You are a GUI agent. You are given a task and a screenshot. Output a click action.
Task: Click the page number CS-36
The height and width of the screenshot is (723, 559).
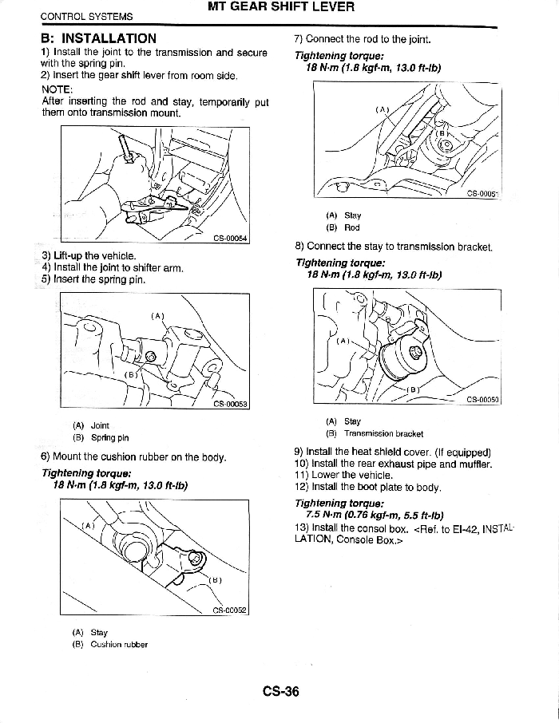coord(279,691)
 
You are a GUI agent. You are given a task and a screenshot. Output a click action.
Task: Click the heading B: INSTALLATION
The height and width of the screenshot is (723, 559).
coord(99,38)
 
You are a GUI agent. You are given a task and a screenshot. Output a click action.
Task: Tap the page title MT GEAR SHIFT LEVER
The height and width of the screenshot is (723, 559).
coord(280,8)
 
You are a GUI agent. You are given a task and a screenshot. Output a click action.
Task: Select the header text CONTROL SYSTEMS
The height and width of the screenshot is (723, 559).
coord(86,16)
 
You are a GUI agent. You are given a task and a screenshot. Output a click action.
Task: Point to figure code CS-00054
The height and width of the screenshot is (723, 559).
coord(231,237)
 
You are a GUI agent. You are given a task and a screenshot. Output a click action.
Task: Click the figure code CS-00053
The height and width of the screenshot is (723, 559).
coord(231,404)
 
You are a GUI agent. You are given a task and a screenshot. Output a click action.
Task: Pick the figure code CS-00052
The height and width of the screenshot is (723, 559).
coord(230,610)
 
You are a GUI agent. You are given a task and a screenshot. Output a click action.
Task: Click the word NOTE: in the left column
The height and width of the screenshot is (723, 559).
coord(57,90)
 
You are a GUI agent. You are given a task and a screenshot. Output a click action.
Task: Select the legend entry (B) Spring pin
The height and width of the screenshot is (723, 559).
coord(101,437)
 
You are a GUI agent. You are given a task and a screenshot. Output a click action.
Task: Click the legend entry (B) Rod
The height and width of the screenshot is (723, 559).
coord(343,227)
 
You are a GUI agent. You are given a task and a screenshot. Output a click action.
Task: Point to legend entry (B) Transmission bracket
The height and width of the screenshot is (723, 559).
coord(375,433)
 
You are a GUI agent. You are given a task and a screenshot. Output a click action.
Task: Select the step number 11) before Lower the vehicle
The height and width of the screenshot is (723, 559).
coord(302,475)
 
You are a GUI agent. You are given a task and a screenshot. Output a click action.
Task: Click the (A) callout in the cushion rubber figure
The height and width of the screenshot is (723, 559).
coord(88,525)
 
